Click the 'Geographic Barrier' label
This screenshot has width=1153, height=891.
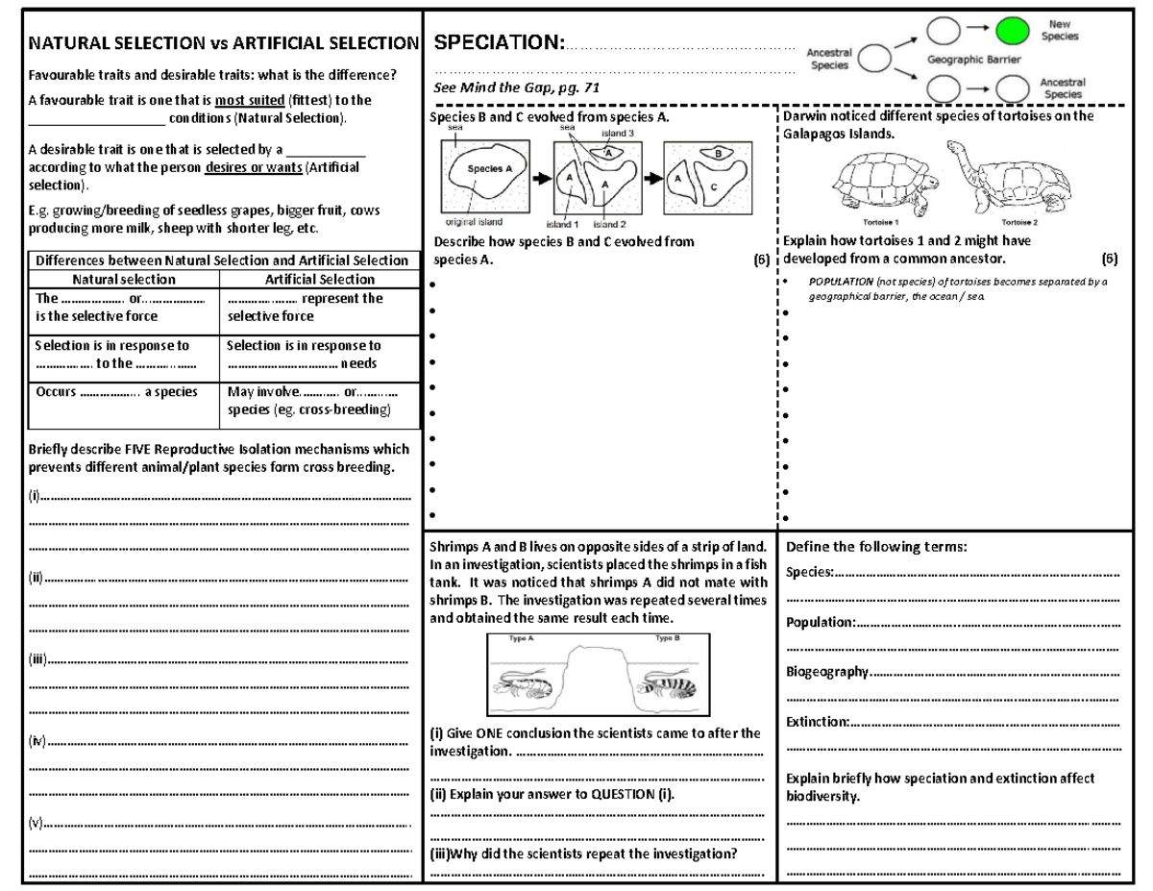coord(973,60)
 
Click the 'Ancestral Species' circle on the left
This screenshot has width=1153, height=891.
coord(873,61)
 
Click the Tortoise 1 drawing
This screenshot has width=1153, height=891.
coord(881,182)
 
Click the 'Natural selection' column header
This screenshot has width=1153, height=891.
coord(125,280)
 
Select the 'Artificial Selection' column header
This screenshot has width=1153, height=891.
coord(319,280)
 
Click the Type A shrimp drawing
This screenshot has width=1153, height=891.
coord(522,683)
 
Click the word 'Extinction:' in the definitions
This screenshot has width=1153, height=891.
coord(818,722)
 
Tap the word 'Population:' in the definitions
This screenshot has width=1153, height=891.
coord(821,622)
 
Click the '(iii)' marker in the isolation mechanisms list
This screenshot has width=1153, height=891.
coord(38,661)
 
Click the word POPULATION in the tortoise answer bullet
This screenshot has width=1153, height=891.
coord(841,283)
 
